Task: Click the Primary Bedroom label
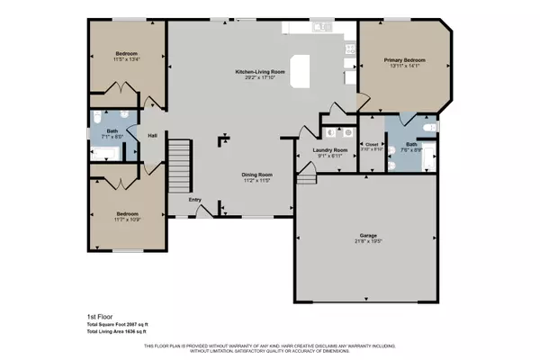pos(404,60)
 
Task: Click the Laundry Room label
pos(329,150)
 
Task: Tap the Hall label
pos(152,136)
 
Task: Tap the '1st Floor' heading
pos(87,318)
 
